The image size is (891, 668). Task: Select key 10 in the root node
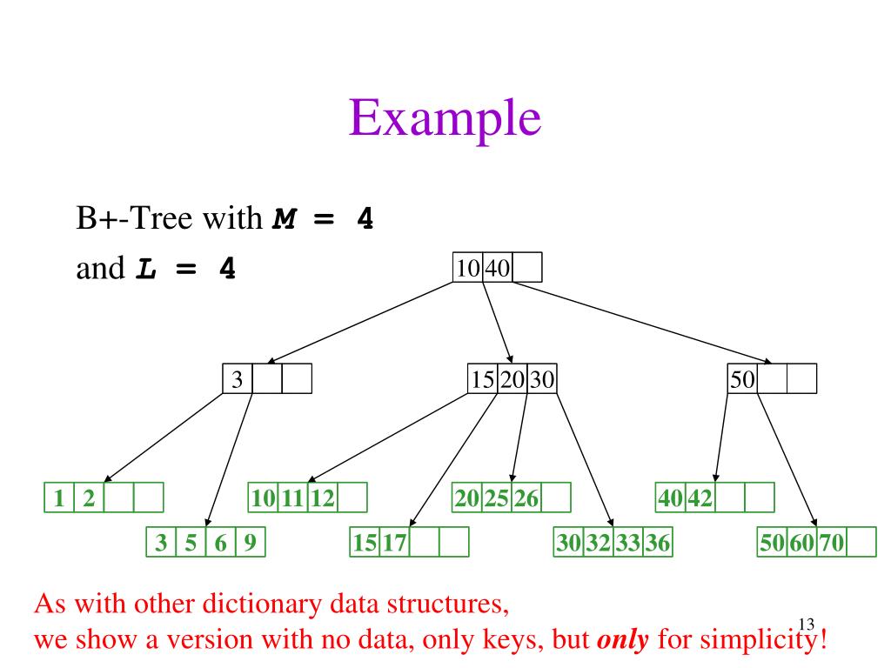[x=467, y=268]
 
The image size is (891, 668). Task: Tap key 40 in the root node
[x=498, y=268]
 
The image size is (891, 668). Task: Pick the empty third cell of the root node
[x=527, y=268]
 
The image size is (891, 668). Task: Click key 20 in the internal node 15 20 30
[x=512, y=379]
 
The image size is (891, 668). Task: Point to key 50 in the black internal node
[x=743, y=379]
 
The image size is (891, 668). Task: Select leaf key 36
[x=658, y=544]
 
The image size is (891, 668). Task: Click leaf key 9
[x=250, y=544]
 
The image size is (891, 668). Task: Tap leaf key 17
[x=394, y=544]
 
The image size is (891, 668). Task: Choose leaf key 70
[x=832, y=544]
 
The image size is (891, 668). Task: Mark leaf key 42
[x=700, y=498]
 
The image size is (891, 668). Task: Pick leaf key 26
[x=526, y=498]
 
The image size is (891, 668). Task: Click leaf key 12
[x=322, y=498]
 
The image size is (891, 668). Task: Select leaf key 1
[x=59, y=498]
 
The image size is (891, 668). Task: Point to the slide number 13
[x=805, y=623]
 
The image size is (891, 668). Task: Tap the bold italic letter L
[x=146, y=269]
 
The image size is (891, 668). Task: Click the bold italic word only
[x=623, y=641]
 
